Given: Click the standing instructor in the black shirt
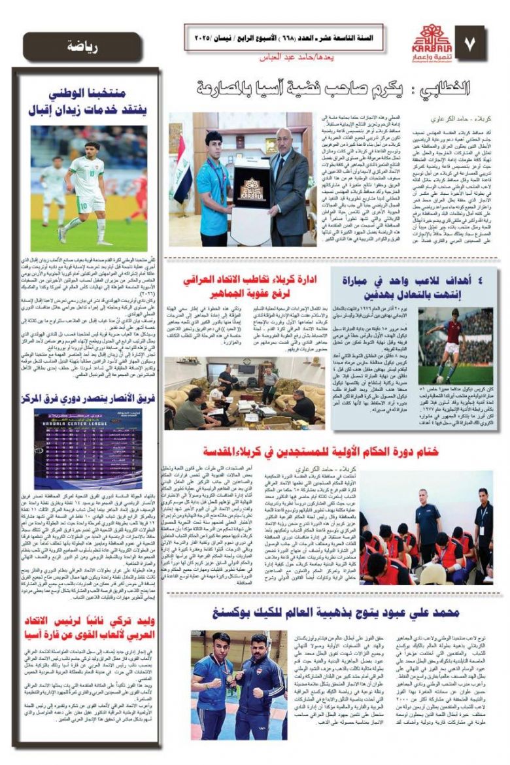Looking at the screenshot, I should pos(484,523).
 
